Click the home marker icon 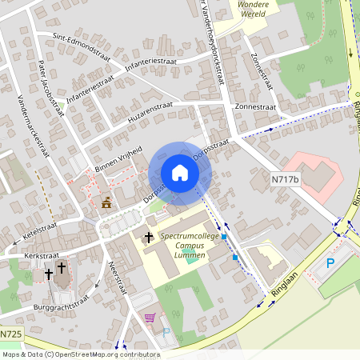tap(179, 173)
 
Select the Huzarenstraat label tap(150, 111)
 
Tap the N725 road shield tap(11, 334)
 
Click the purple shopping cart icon tap(149, 318)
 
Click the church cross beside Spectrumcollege tap(148, 238)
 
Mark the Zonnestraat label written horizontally tap(254, 106)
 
